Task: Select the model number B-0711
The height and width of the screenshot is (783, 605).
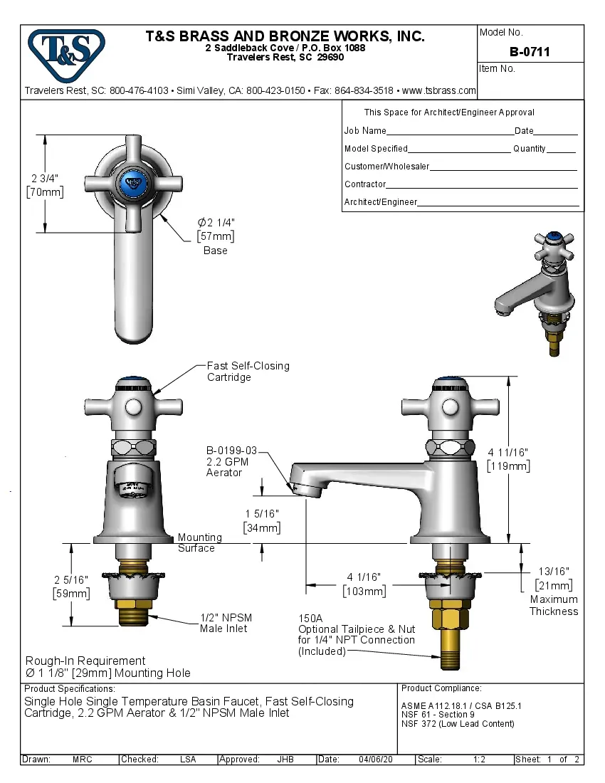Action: pyautogui.click(x=530, y=52)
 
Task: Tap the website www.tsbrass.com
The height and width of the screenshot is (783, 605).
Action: pyautogui.click(x=438, y=90)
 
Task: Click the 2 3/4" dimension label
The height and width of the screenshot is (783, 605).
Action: pyautogui.click(x=44, y=178)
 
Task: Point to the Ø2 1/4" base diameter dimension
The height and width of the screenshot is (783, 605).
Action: pyautogui.click(x=216, y=224)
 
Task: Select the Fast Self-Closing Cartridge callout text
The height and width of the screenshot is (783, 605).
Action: pyautogui.click(x=248, y=372)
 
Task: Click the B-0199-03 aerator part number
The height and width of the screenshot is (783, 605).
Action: pyautogui.click(x=231, y=451)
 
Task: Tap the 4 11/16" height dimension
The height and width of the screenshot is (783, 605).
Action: pyautogui.click(x=508, y=452)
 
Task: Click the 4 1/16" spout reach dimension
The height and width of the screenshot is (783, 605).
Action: pyautogui.click(x=364, y=577)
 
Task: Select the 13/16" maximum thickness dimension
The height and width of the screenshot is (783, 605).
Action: pyautogui.click(x=554, y=571)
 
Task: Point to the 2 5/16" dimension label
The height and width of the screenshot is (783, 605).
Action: pyautogui.click(x=71, y=579)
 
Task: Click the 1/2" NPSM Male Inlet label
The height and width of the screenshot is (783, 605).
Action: pyautogui.click(x=225, y=623)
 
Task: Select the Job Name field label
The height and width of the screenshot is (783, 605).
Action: pyautogui.click(x=365, y=131)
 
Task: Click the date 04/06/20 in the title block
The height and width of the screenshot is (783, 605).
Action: pyautogui.click(x=374, y=760)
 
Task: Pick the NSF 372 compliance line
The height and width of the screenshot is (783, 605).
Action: pyautogui.click(x=458, y=724)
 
